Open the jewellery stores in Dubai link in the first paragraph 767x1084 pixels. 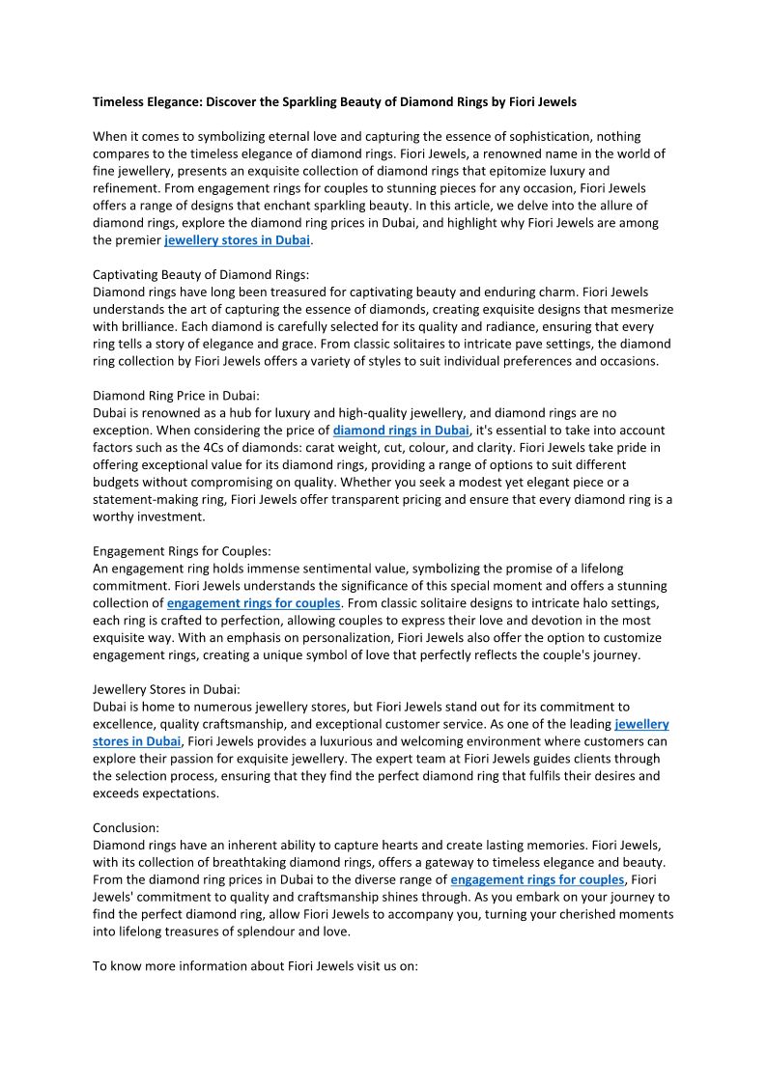(x=237, y=240)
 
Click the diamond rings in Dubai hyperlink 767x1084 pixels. (x=401, y=431)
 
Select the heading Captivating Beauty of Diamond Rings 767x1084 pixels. (x=201, y=275)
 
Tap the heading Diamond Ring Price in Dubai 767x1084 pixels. (x=176, y=396)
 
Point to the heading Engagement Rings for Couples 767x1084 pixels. (x=182, y=551)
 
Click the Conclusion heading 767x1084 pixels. (x=126, y=827)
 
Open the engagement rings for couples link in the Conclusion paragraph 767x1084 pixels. (x=537, y=879)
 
